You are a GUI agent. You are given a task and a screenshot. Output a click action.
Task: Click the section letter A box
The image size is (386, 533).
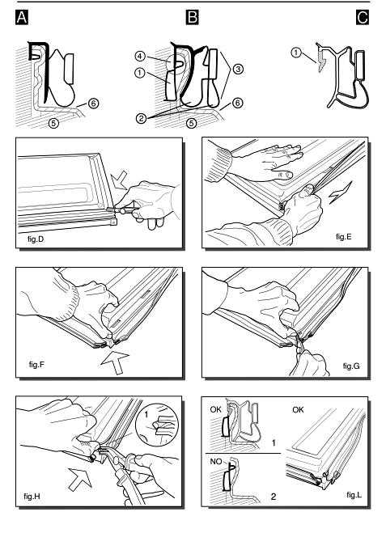click(22, 17)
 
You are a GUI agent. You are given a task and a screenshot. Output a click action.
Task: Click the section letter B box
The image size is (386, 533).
click(192, 17)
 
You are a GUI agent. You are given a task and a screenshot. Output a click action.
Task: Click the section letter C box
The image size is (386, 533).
click(363, 17)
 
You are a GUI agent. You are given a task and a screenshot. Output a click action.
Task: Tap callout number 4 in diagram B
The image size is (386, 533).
click(139, 56)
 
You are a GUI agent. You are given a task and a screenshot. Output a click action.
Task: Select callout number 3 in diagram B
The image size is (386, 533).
click(238, 69)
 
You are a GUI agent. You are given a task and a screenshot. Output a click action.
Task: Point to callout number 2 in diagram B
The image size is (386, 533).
click(141, 118)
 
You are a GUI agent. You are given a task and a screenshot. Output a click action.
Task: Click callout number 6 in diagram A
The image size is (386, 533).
click(94, 103)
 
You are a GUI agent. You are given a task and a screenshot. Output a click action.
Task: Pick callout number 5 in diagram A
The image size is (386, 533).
click(53, 123)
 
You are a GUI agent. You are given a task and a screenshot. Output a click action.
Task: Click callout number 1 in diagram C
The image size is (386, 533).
click(296, 53)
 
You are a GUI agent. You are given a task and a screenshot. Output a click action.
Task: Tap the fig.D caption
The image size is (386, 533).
click(36, 239)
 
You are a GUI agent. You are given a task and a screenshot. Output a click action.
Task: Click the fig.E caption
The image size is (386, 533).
click(343, 237)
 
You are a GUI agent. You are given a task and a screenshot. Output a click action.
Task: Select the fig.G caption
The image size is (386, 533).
click(351, 366)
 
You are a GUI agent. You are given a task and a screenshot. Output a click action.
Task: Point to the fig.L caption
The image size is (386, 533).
click(354, 495)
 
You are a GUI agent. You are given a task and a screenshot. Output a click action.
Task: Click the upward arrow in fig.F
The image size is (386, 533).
click(115, 363)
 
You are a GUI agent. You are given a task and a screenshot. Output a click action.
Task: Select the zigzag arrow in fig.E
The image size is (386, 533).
click(341, 192)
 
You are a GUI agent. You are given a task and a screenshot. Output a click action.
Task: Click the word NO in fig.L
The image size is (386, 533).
click(216, 461)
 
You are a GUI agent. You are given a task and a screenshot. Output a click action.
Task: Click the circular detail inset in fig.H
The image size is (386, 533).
click(157, 425)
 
